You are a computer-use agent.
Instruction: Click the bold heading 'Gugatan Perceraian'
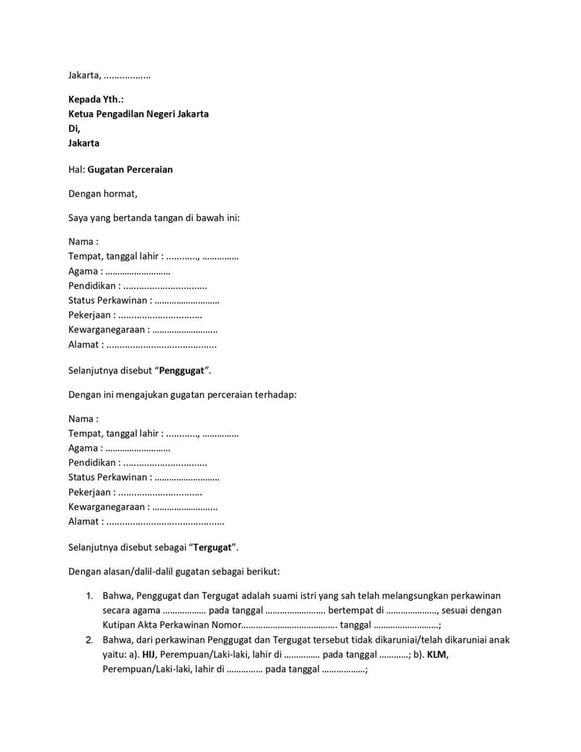tap(130, 170)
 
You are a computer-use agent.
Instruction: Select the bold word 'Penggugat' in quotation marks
tap(182, 370)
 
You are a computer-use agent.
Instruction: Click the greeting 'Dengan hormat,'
tap(103, 194)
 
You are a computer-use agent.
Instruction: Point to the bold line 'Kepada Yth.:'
tap(96, 99)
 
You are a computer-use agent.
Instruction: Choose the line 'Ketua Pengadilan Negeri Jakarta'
tap(139, 114)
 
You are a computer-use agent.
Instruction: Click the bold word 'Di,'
tap(74, 128)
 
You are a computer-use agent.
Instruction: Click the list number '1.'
tap(90, 595)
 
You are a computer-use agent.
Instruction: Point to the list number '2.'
tap(90, 640)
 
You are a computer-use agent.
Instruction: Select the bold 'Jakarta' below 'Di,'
tap(84, 143)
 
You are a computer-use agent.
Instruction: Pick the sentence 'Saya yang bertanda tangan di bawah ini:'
tap(154, 218)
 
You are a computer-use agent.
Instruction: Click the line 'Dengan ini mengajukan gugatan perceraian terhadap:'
tap(182, 395)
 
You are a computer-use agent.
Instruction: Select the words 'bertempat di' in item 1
tap(355, 610)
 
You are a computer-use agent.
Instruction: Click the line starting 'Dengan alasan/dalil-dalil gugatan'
tap(174, 572)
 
